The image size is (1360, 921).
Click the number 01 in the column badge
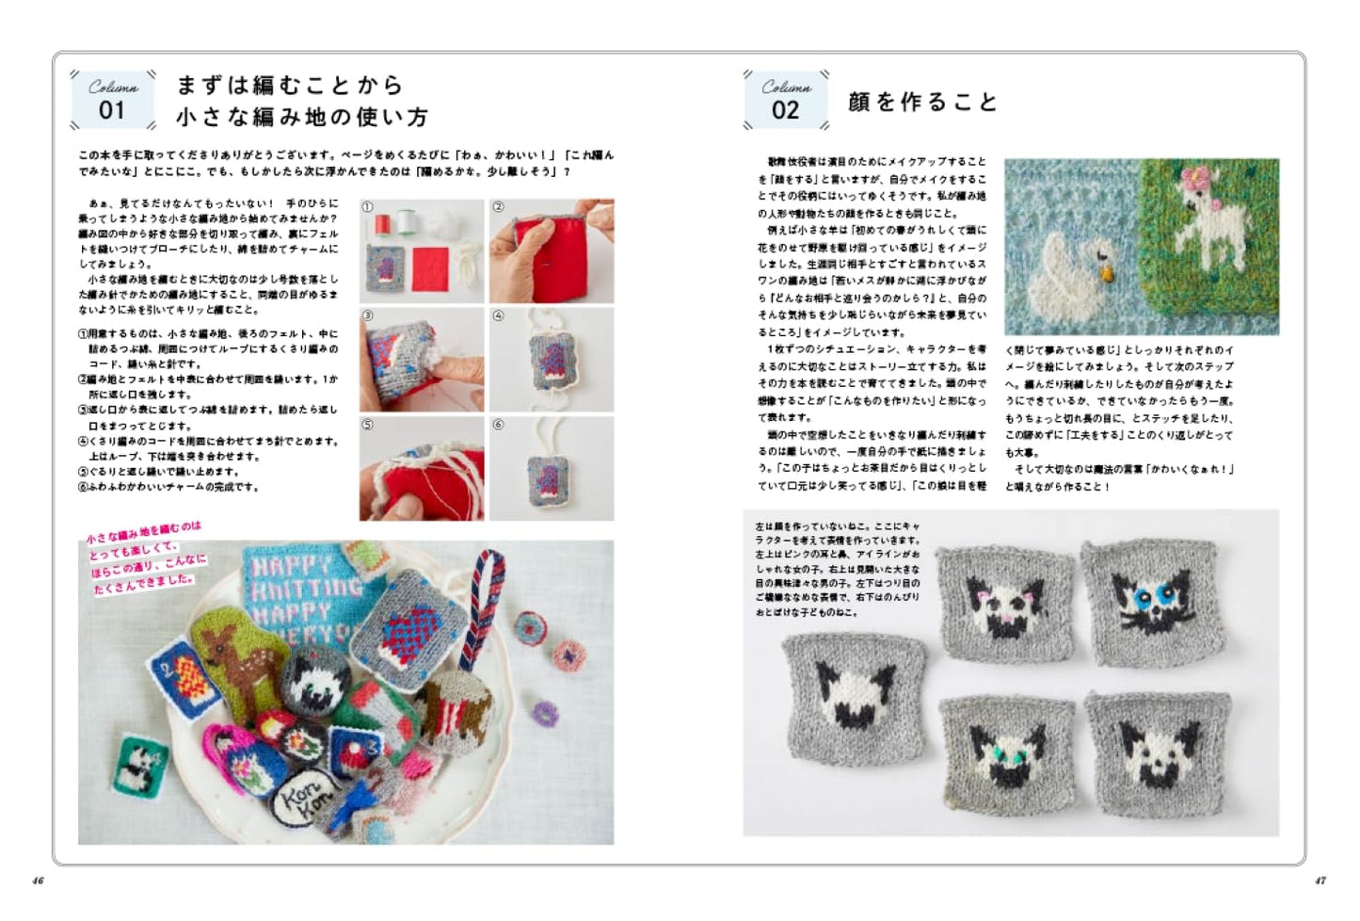click(x=112, y=110)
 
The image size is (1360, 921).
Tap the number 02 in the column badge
click(x=785, y=110)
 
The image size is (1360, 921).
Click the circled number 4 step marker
click(x=499, y=316)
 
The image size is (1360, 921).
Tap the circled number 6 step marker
click(x=499, y=425)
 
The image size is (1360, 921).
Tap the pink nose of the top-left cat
click(x=1006, y=617)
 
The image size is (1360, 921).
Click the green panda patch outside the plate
click(x=138, y=762)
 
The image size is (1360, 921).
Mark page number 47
click(x=1320, y=881)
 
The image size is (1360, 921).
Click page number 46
click(x=38, y=881)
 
